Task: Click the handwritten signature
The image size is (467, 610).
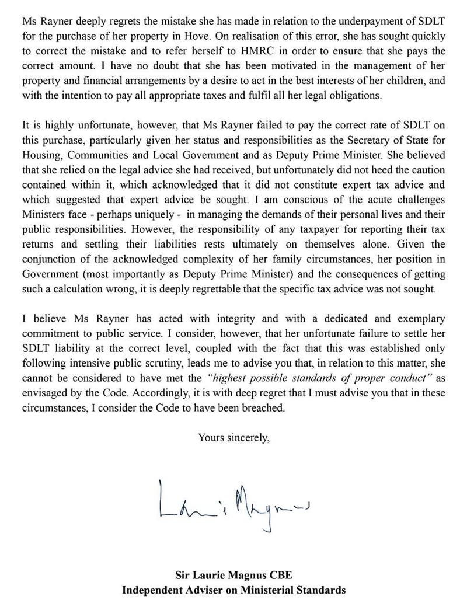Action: (x=233, y=501)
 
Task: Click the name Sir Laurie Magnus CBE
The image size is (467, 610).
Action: (x=233, y=575)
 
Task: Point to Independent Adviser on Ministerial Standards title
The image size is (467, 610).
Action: (x=233, y=590)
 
